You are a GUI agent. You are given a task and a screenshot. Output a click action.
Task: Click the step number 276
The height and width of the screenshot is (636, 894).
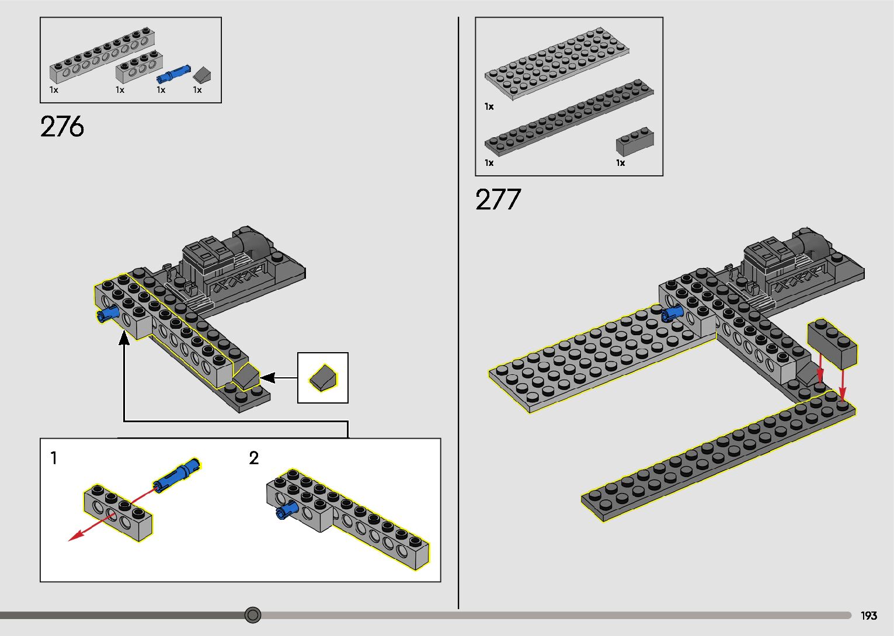pyautogui.click(x=62, y=127)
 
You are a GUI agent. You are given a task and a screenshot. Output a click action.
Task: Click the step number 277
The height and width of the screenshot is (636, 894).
pyautogui.click(x=498, y=199)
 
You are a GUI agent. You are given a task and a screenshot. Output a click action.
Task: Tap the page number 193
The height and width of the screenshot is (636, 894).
pyautogui.click(x=869, y=615)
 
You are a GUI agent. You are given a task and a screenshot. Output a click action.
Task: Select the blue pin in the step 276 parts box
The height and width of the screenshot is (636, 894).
pyautogui.click(x=173, y=74)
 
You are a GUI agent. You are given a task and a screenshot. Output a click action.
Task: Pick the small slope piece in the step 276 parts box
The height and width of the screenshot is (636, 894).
pyautogui.click(x=201, y=75)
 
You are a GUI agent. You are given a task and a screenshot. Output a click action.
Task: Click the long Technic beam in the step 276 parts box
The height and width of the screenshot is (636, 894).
pyautogui.click(x=102, y=55)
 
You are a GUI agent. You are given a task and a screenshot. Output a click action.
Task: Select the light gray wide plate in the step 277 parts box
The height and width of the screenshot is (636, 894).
pyautogui.click(x=556, y=63)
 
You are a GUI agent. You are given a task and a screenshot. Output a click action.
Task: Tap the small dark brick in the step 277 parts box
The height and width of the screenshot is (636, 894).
pyautogui.click(x=635, y=142)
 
